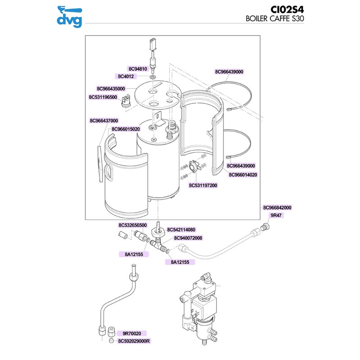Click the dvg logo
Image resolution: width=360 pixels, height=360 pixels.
(71, 16)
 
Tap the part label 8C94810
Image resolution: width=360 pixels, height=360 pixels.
(138, 69)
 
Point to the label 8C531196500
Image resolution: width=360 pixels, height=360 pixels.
(103, 97)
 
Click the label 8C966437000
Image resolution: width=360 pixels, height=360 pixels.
(104, 121)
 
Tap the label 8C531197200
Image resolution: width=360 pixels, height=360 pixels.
(203, 185)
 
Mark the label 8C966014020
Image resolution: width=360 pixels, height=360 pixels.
(243, 175)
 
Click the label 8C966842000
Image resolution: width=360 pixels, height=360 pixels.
(277, 208)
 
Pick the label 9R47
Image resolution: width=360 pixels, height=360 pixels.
(275, 216)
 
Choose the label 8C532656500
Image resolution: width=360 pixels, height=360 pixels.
(133, 225)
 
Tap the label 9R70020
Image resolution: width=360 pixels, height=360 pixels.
(132, 333)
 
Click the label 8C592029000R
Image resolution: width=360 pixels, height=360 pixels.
(134, 341)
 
